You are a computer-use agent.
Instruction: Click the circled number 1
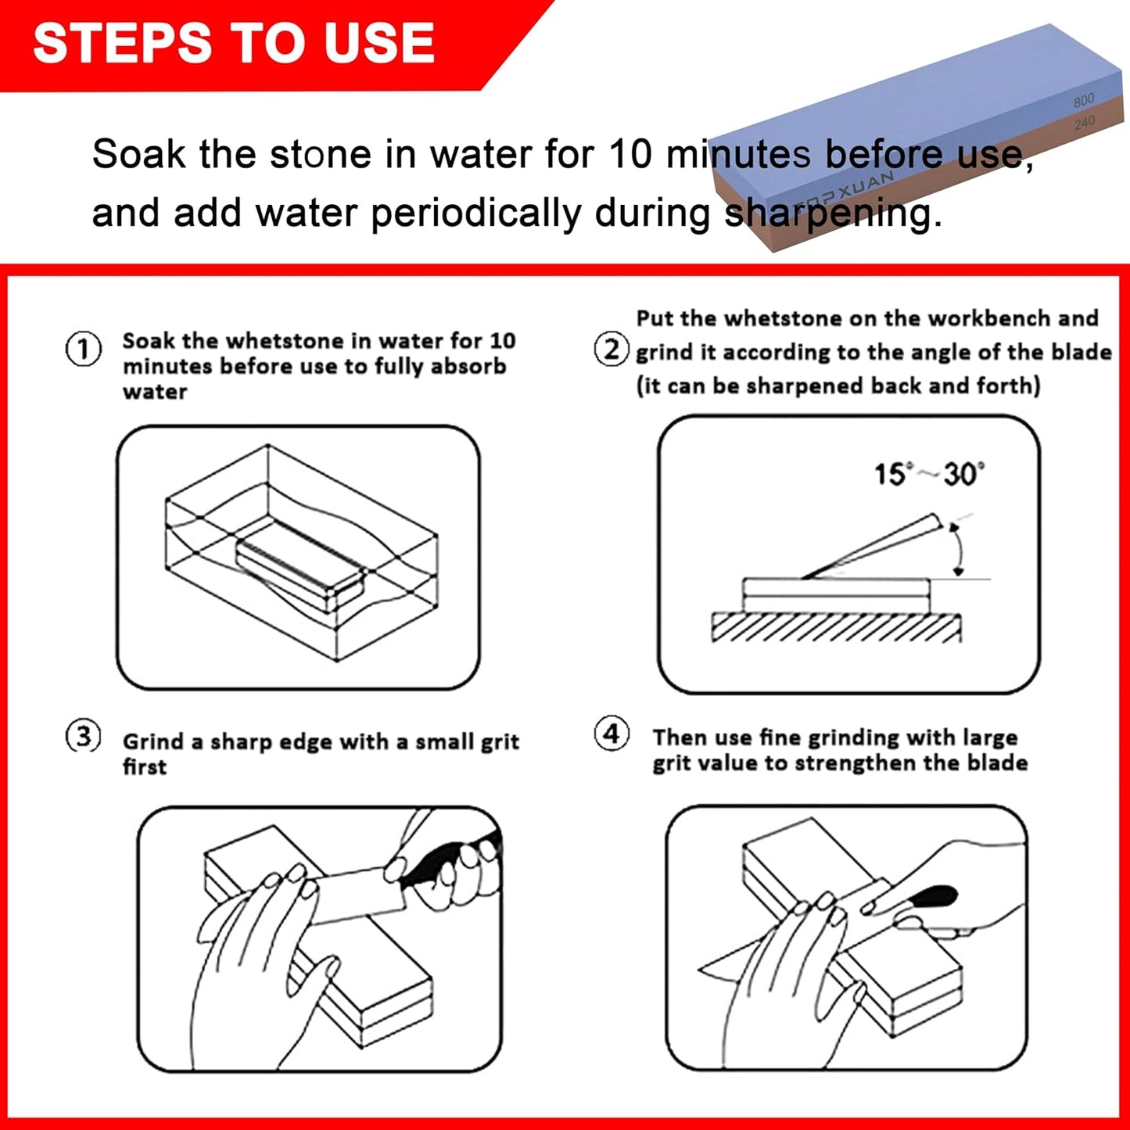point(83,350)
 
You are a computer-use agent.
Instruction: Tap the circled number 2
point(611,350)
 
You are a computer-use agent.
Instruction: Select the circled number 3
point(83,737)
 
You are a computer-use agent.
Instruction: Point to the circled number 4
point(611,734)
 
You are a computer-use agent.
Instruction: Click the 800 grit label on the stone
point(1084,101)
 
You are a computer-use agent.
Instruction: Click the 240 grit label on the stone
point(1085,123)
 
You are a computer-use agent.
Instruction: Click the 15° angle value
point(891,474)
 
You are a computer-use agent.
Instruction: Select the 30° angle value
point(963,474)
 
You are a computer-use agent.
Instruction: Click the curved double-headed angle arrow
point(956,549)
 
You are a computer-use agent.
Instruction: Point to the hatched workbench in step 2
point(836,627)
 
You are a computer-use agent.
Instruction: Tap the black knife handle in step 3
point(438,863)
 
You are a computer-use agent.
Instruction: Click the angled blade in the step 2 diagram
point(872,547)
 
